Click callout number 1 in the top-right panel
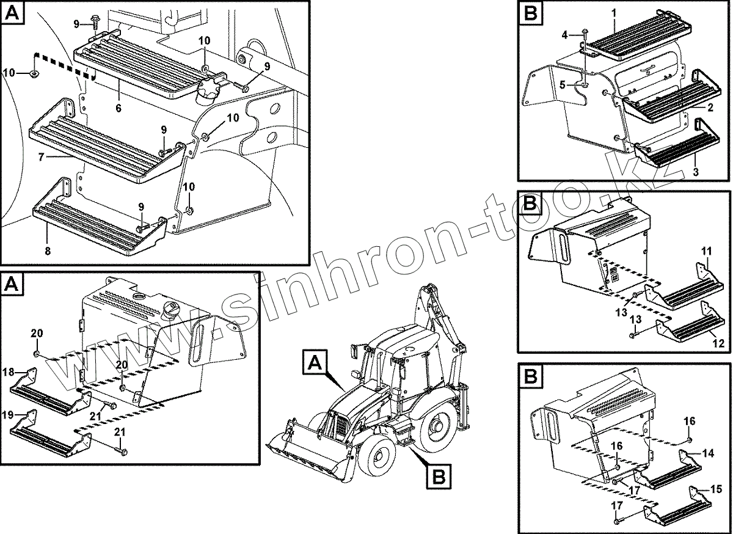pyautogui.click(x=613, y=13)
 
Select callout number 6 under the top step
pyautogui.click(x=118, y=108)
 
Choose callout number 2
pyautogui.click(x=710, y=108)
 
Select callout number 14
pyautogui.click(x=708, y=453)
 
